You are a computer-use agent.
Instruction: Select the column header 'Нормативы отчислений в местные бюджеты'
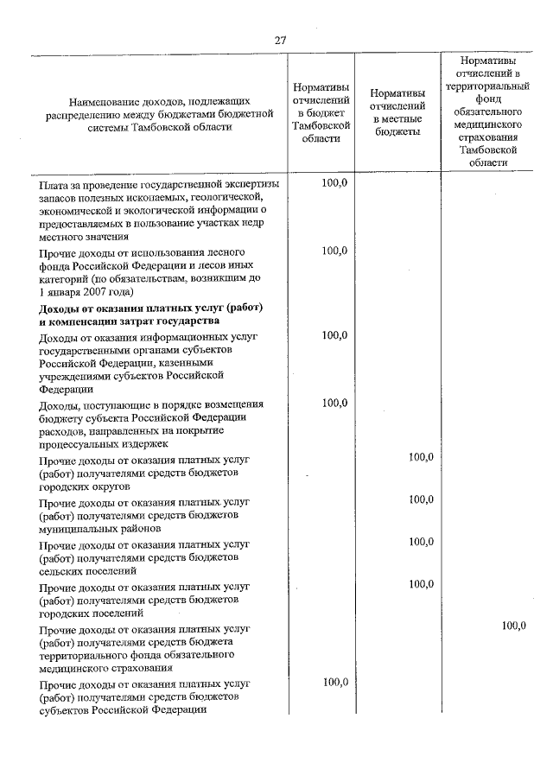pos(397,112)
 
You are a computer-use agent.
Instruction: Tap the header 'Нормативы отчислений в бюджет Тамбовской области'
pos(321,112)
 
